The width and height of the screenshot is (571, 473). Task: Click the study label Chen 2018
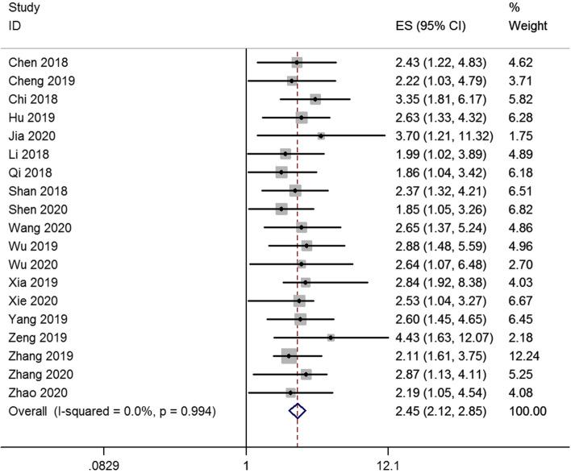pos(38,62)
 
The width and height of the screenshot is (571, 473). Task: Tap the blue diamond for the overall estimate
pos(298,411)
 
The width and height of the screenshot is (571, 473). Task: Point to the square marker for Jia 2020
pos(321,135)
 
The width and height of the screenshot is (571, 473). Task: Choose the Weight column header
pos(528,26)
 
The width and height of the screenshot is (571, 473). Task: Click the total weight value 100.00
pos(528,411)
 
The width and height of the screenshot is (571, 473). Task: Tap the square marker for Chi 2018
pos(315,99)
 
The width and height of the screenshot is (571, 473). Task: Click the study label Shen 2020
pos(39,209)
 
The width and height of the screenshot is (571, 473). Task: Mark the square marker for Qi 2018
pos(281,172)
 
